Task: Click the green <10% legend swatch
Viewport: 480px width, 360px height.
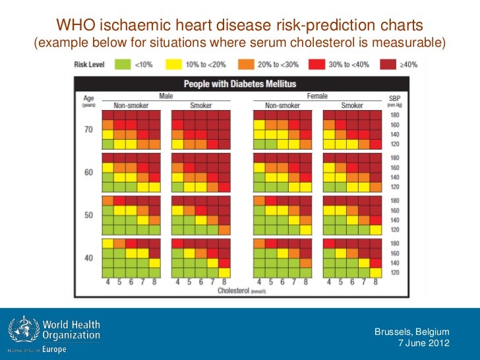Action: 122,64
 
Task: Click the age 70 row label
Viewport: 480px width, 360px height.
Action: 88,129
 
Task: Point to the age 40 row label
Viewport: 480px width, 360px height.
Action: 88,258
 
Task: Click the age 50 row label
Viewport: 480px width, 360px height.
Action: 88,216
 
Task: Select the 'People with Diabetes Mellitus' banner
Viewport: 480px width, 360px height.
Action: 239,84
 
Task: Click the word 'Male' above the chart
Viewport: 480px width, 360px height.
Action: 166,96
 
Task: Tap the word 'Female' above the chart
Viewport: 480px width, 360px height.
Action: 316,96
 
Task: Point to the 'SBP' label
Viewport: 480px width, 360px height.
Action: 395,96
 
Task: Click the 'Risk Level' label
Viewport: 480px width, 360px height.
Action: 90,64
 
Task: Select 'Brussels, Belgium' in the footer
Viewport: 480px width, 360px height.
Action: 411,332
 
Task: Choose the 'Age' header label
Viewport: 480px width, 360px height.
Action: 88,97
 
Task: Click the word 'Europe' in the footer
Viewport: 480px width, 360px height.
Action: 55,349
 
